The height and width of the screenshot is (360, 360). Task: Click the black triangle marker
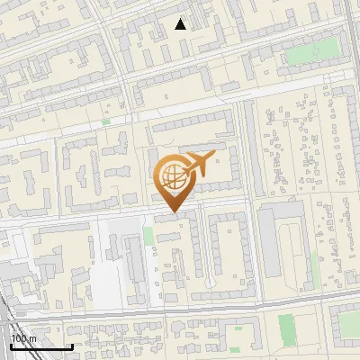pos(181,24)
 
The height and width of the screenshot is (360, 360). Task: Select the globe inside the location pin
pos(171,175)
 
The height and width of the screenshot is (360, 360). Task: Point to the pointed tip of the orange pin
pos(174,211)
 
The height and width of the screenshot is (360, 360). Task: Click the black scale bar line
pos(40,346)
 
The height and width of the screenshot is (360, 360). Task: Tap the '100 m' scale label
pos(24,338)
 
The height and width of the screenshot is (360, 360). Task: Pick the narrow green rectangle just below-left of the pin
pos(148,237)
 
